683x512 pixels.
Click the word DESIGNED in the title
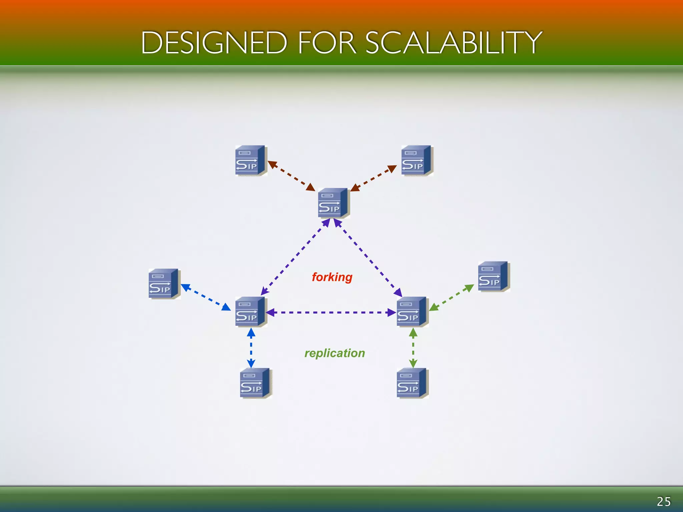click(x=214, y=43)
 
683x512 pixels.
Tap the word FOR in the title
click(x=327, y=43)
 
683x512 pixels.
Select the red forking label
click(x=332, y=277)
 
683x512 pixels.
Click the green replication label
click(x=334, y=353)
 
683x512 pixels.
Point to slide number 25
click(x=664, y=501)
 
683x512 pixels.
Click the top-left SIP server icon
click(x=250, y=160)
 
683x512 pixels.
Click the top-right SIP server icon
click(x=416, y=160)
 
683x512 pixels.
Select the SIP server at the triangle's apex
click(x=333, y=203)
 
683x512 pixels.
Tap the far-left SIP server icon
click(x=163, y=284)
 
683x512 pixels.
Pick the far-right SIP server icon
click(x=493, y=276)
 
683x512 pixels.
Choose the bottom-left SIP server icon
click(x=255, y=383)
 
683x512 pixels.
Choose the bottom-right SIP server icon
click(x=412, y=383)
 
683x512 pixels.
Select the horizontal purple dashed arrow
click(x=331, y=313)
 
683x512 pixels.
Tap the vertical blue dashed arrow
click(x=251, y=348)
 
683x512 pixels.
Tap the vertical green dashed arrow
click(x=413, y=348)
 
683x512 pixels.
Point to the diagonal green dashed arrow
click(x=451, y=297)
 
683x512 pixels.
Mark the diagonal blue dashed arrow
click(x=206, y=297)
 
